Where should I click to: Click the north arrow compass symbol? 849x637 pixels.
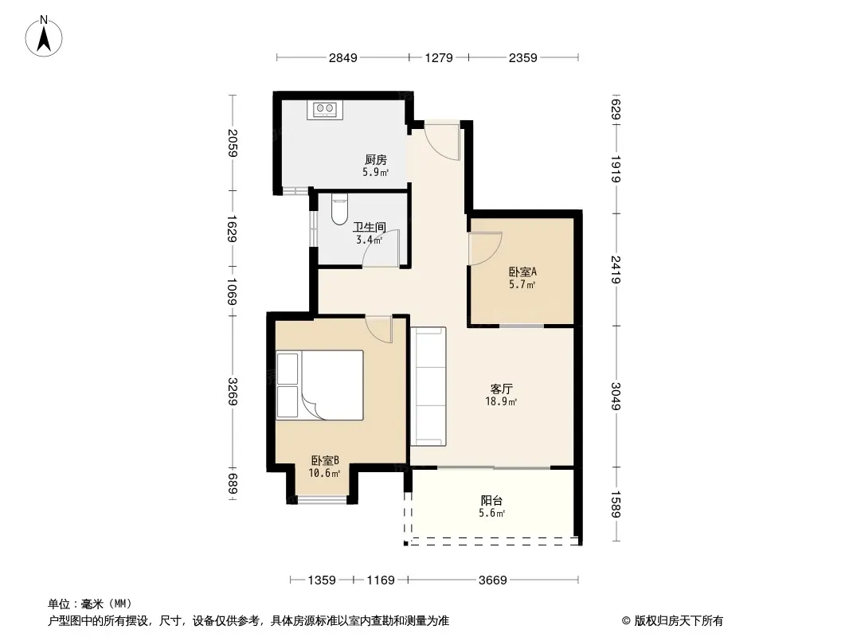44,37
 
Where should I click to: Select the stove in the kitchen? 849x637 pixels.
325,109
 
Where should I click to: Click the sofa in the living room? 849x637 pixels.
428,386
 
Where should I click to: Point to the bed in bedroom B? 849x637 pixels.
319,385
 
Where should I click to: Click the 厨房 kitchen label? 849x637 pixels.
376,160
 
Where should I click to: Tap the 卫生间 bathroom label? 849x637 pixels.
370,227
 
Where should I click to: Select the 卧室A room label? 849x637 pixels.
522,272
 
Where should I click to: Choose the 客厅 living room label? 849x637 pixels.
502,389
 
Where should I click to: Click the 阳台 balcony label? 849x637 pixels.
491,501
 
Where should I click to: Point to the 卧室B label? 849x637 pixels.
325,460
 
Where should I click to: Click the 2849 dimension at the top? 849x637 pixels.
343,57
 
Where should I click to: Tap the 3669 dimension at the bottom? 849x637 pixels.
493,580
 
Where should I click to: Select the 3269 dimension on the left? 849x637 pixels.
233,391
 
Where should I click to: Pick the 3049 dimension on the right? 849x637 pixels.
616,397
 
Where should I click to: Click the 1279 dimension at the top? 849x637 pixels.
439,57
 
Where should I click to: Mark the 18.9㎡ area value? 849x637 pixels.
501,401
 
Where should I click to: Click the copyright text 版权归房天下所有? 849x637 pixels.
679,621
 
